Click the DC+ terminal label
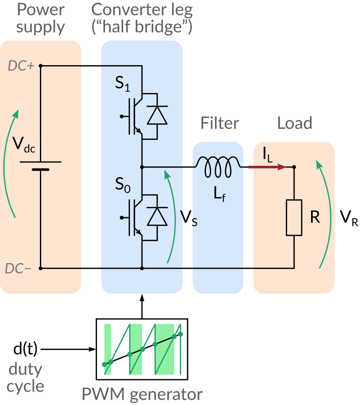(x=21, y=66)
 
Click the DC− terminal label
(x=20, y=269)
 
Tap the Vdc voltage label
(x=24, y=146)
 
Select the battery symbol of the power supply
(x=41, y=165)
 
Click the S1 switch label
(x=122, y=84)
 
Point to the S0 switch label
(x=122, y=187)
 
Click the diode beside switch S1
(x=157, y=116)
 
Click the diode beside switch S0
(x=157, y=216)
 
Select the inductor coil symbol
(x=218, y=166)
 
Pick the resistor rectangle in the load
(x=294, y=217)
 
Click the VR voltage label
(x=348, y=218)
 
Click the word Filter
(x=219, y=123)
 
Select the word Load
(x=294, y=123)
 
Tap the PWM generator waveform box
(x=142, y=349)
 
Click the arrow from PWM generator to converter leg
(x=142, y=306)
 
